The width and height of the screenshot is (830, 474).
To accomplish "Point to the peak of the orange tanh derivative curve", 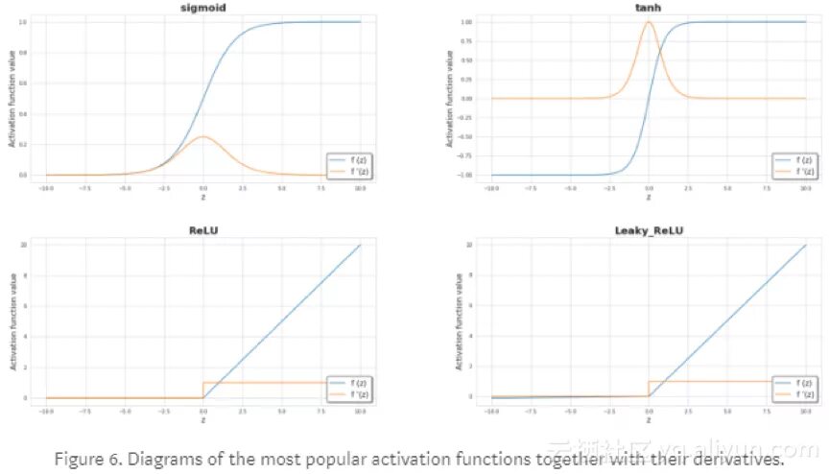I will (x=649, y=21).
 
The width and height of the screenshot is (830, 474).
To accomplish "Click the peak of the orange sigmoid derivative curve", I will (x=202, y=137).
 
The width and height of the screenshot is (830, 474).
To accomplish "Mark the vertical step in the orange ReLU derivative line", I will (x=202, y=391).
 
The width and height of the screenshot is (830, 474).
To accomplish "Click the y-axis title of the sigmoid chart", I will (x=13, y=99).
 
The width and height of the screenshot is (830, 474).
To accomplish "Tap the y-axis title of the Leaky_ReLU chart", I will (x=461, y=321).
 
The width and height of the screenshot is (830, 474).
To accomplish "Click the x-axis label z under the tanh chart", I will (x=649, y=198).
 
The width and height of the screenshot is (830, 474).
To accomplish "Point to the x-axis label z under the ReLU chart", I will (x=202, y=419).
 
